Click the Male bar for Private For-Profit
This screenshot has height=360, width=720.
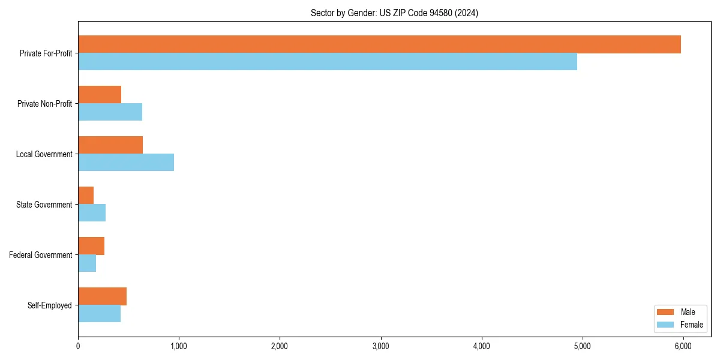379,44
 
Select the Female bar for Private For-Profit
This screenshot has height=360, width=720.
328,62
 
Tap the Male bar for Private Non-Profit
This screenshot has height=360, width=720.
100,95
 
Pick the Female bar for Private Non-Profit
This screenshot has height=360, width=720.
110,112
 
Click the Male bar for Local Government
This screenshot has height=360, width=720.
110,145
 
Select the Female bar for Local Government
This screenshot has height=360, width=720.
126,163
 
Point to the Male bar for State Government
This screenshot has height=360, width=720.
86,196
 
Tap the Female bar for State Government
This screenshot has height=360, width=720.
92,213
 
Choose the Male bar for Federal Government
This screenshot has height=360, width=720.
91,246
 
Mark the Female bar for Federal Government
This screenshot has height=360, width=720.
87,263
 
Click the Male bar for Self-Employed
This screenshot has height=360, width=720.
102,296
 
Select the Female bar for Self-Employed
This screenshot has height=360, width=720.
99,314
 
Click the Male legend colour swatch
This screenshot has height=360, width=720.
666,312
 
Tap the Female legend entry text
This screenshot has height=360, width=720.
692,325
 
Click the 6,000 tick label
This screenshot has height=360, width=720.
683,346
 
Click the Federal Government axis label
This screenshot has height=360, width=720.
41,255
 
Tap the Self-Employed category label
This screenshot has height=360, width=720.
50,305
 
